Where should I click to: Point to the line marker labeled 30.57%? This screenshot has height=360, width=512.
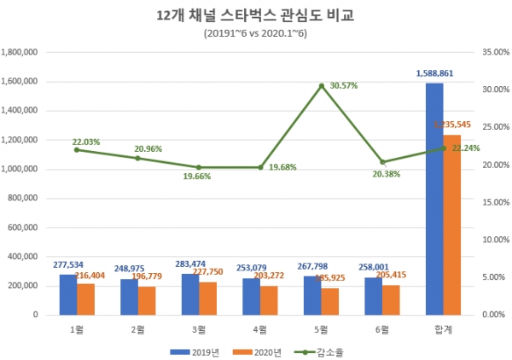click(x=322, y=85)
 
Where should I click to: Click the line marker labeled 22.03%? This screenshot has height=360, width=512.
click(x=76, y=149)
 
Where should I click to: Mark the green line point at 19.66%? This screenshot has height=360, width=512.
click(x=199, y=167)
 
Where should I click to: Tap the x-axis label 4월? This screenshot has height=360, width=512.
click(x=260, y=328)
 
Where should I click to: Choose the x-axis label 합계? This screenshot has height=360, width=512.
click(x=444, y=328)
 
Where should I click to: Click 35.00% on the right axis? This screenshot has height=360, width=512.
click(x=495, y=52)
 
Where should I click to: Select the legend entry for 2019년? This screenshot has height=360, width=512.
click(x=195, y=350)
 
